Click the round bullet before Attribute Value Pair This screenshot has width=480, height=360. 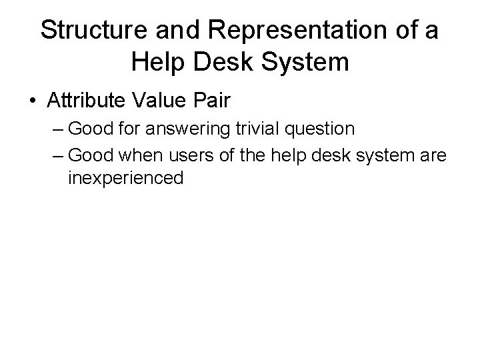click(x=33, y=101)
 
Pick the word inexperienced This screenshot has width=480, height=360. click(x=125, y=178)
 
